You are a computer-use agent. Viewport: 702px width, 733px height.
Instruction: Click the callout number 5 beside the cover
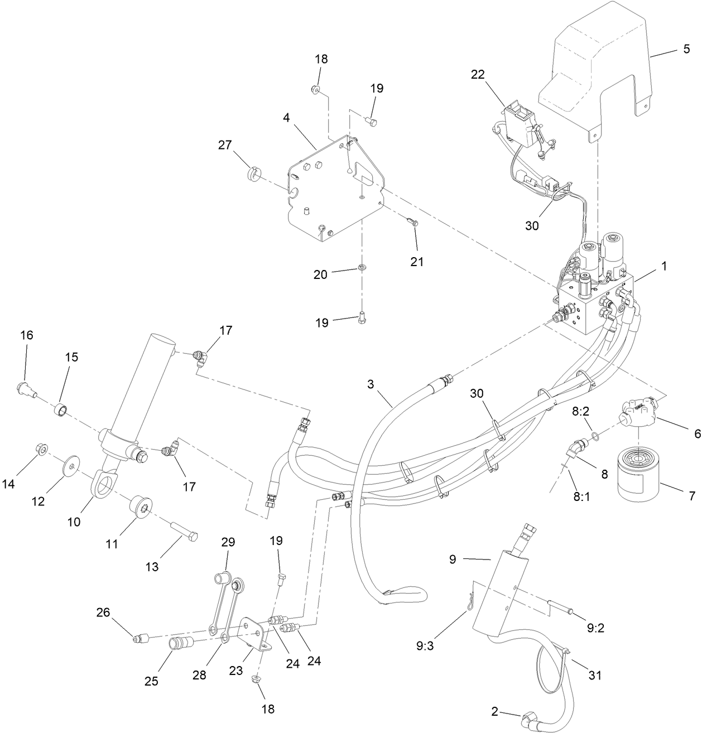(686, 49)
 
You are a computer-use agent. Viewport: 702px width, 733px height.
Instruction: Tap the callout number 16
(27, 335)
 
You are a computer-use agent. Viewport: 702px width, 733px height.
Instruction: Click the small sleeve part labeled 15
(62, 412)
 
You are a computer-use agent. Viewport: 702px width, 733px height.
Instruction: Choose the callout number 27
(225, 146)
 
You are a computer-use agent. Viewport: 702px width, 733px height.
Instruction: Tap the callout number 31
(595, 675)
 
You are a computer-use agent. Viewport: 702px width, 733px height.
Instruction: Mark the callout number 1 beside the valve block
(664, 267)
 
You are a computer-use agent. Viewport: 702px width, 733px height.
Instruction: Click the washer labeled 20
(362, 268)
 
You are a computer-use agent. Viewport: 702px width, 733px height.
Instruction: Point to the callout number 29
(228, 542)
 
